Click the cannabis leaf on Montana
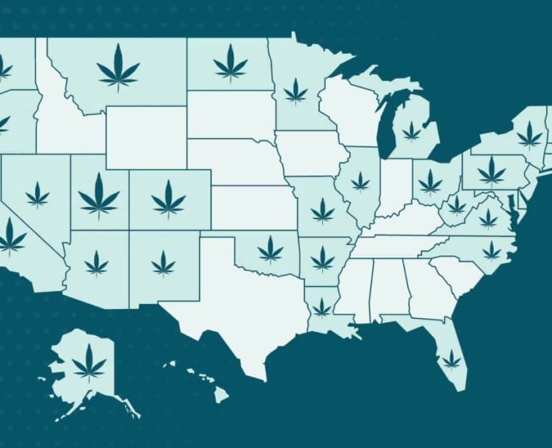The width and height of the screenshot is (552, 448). click(118, 66)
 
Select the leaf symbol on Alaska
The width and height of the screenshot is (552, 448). click(89, 362)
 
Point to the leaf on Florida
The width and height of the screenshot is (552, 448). click(451, 360)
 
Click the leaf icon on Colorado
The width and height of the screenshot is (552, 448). click(169, 199)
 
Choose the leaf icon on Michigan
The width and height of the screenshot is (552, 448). click(411, 132)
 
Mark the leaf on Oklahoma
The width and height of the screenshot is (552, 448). click(270, 249)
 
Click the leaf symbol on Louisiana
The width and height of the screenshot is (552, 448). click(322, 307)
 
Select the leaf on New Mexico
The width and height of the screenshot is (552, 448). click(163, 263)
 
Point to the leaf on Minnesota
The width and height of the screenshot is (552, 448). click(296, 91)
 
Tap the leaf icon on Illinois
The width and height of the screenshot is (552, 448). click(360, 181)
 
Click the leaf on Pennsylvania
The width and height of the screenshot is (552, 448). click(491, 170)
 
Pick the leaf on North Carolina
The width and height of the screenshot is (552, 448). click(492, 250)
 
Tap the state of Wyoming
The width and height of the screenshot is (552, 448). click(146, 137)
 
